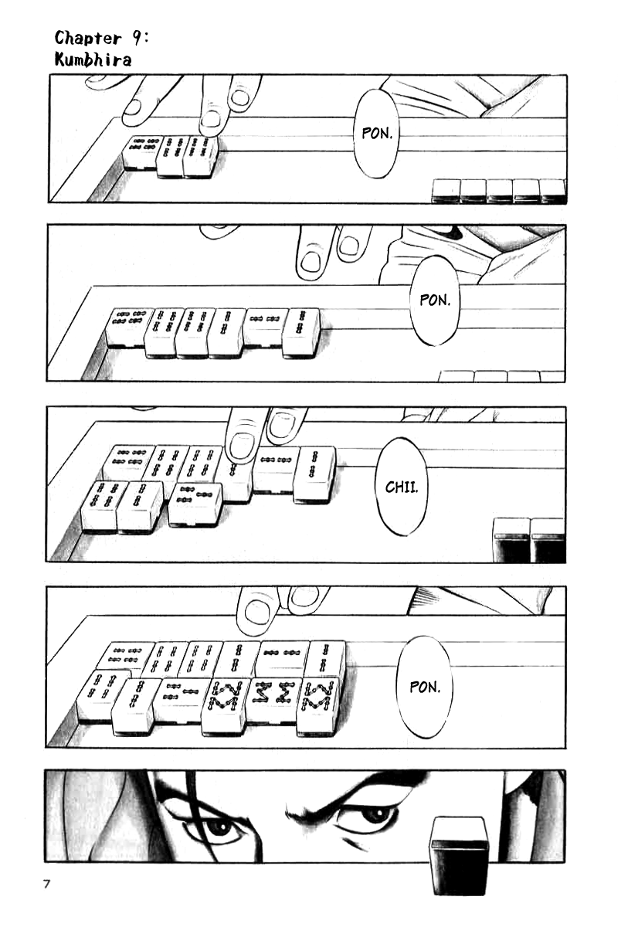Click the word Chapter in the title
point(88,38)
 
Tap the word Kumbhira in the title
point(93,59)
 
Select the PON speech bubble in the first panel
point(376,134)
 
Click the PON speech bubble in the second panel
point(434,300)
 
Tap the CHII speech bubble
point(402,487)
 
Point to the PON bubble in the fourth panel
point(425,688)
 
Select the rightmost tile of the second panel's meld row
point(303,332)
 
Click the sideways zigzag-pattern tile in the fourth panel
point(274,702)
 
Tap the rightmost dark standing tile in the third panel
point(548,539)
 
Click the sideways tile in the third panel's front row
point(194,504)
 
